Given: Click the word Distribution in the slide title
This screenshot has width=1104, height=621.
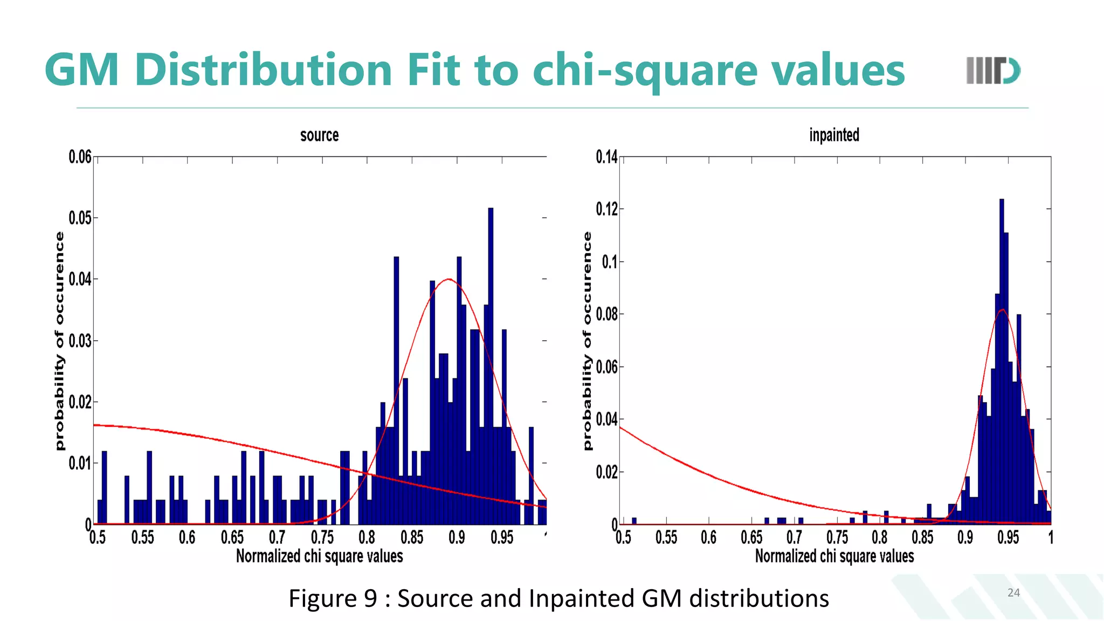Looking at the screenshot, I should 264,70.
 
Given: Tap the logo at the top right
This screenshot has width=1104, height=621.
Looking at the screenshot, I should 993,71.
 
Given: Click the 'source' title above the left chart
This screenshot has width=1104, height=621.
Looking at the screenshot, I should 319,135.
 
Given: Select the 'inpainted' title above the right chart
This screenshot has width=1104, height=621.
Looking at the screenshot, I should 834,135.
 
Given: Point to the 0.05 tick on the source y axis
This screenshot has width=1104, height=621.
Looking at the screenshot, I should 80,218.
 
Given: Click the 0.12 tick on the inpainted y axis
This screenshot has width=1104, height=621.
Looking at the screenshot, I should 606,209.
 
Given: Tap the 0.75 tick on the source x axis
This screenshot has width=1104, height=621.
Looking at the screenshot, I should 322,537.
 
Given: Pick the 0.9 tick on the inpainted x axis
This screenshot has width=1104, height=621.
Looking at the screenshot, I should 965,537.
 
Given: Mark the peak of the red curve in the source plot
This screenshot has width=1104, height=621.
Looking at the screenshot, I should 448,279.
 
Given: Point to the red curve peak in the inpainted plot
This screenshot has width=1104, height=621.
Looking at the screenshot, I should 1002,310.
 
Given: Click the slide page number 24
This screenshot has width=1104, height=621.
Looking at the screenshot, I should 1013,593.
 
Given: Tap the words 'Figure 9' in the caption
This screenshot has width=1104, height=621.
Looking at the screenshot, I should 333,598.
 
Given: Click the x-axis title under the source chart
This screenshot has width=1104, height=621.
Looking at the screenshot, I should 319,556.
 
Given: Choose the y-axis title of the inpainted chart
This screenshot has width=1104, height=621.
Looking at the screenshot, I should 588,341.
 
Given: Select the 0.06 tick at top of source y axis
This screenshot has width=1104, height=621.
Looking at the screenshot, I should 80,157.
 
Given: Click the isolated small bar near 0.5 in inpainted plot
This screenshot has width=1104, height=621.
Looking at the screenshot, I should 634,521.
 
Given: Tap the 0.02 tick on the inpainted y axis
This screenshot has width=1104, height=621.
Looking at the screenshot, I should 606,472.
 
